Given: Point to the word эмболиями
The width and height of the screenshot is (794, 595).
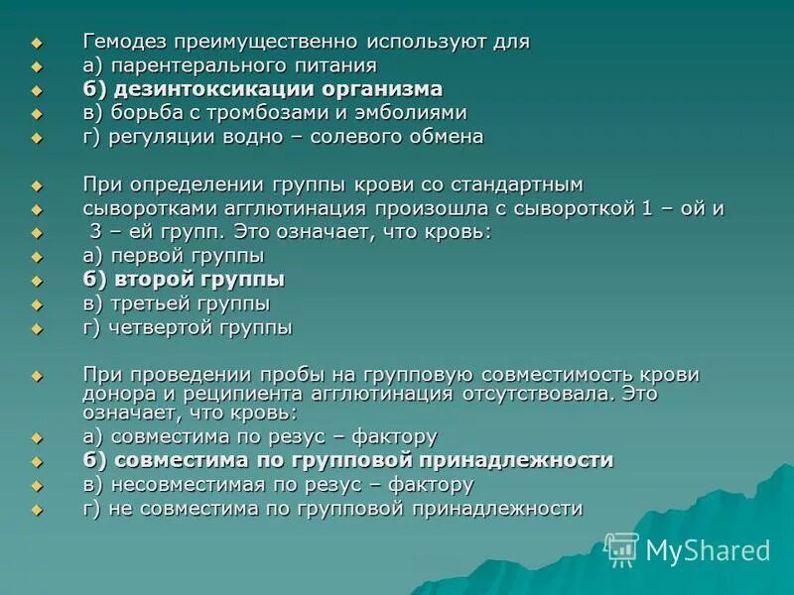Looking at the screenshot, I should pyautogui.click(x=417, y=113).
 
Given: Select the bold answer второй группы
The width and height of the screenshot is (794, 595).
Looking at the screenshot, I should pyautogui.click(x=198, y=280).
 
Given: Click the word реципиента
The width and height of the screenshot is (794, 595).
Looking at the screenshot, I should pyautogui.click(x=248, y=393).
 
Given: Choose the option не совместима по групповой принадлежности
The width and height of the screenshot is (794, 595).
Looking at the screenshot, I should pyautogui.click(x=346, y=509).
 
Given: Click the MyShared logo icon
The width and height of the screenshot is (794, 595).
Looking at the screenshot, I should pyautogui.click(x=621, y=548).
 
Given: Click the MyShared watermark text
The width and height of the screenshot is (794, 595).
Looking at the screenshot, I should pyautogui.click(x=708, y=550).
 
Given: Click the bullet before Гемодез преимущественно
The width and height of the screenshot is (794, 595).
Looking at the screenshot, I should pyautogui.click(x=38, y=43).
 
